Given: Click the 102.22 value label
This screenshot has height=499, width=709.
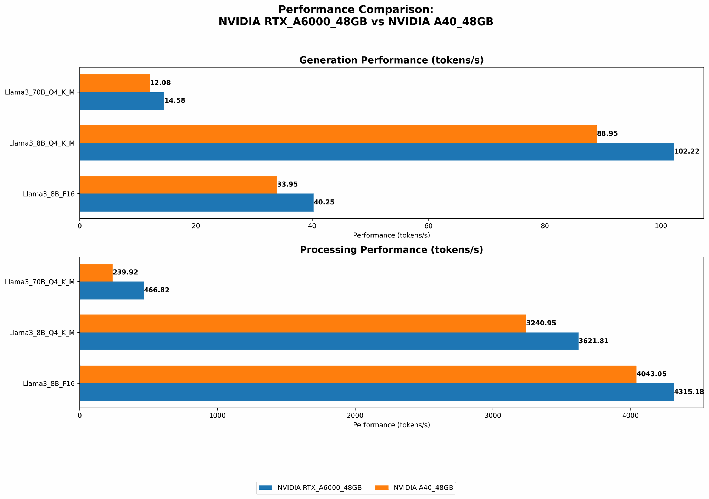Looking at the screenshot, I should pyautogui.click(x=686, y=152).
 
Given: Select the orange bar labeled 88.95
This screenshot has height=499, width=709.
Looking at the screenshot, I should pyautogui.click(x=338, y=134).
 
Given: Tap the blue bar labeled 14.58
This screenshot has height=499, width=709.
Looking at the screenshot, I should pyautogui.click(x=122, y=101).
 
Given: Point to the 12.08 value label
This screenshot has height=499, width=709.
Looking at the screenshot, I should pyautogui.click(x=160, y=83).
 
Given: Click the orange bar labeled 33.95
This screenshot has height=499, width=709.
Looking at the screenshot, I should pyautogui.click(x=178, y=185).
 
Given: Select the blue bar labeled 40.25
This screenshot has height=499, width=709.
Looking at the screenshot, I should pyautogui.click(x=196, y=202).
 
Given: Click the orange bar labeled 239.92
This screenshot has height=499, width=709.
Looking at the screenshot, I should pyautogui.click(x=96, y=273).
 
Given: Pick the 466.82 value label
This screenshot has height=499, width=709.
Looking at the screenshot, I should pyautogui.click(x=157, y=290).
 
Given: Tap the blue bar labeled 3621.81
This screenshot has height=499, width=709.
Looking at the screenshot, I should pyautogui.click(x=329, y=341).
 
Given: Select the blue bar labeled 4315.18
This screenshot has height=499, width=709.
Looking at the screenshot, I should pyautogui.click(x=376, y=392).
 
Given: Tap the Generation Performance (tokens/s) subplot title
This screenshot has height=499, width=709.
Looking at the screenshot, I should pyautogui.click(x=391, y=60).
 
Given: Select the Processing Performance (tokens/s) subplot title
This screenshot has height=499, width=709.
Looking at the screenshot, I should pyautogui.click(x=391, y=250).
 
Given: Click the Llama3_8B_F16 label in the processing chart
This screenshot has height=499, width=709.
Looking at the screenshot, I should pyautogui.click(x=49, y=384).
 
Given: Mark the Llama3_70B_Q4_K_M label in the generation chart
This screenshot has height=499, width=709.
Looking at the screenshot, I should pyautogui.click(x=40, y=92).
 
